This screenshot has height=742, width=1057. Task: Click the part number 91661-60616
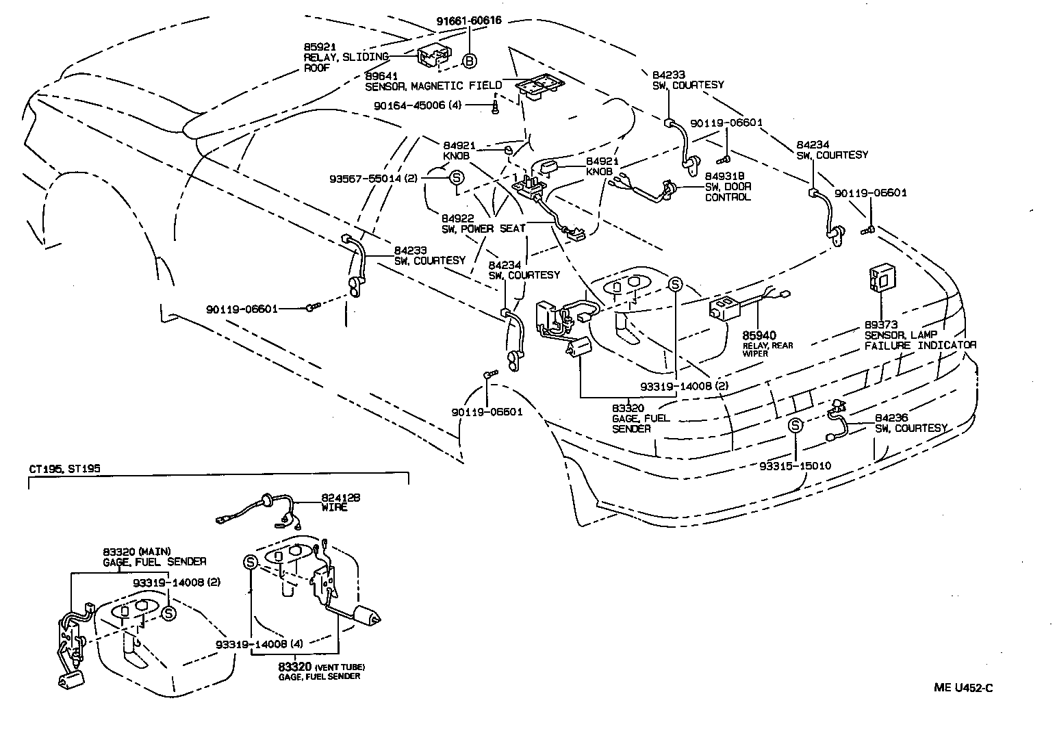(x=469, y=21)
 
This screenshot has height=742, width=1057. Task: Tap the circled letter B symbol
(x=469, y=61)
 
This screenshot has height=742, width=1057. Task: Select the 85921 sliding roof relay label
(x=346, y=57)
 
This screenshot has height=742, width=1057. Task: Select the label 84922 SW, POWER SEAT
(x=483, y=223)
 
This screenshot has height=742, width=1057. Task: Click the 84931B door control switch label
(x=728, y=187)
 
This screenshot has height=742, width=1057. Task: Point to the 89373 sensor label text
(x=919, y=335)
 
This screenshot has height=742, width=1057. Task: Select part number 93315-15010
(x=795, y=465)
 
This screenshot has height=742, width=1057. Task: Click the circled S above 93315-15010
(x=795, y=426)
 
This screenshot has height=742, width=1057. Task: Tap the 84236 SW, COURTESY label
(x=910, y=422)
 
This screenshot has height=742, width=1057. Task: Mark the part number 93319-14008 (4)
(x=259, y=643)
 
